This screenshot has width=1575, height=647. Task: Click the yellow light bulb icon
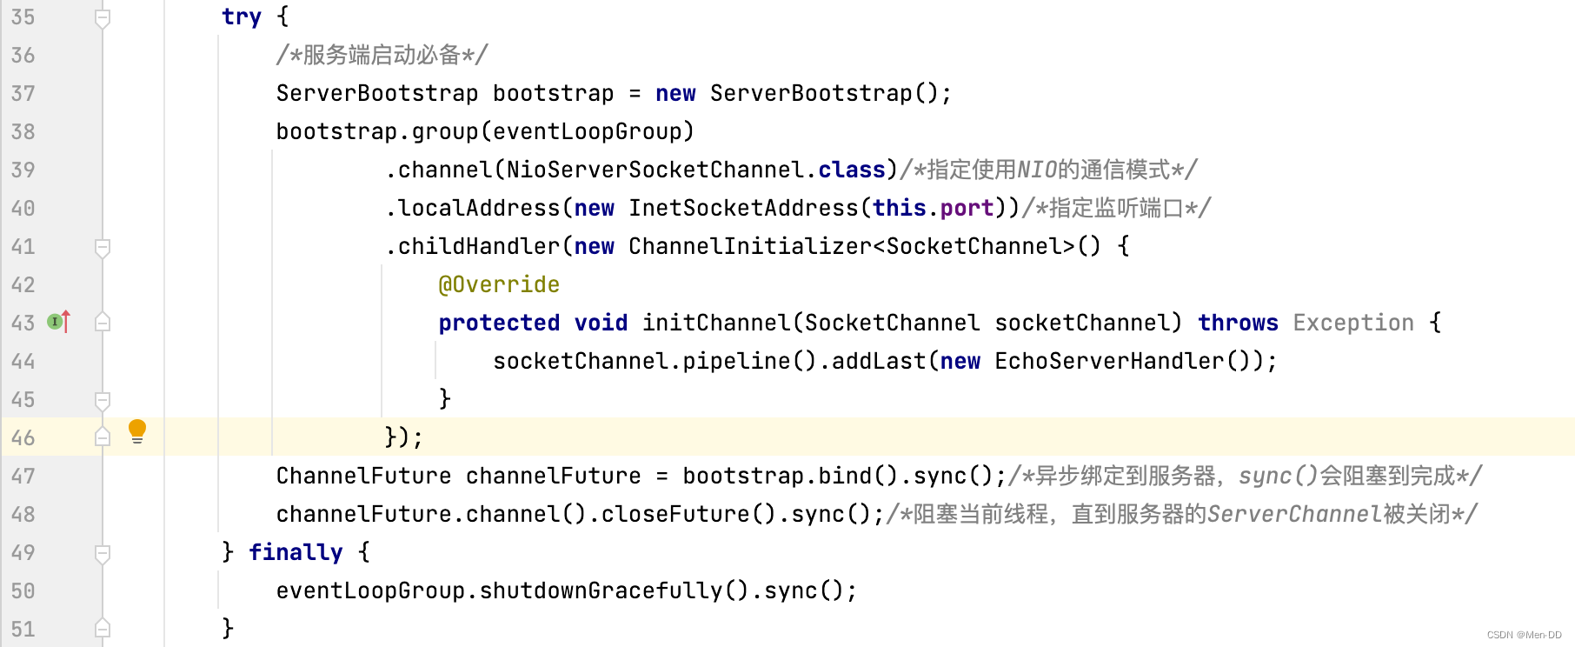point(137,430)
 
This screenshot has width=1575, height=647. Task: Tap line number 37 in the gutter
point(23,93)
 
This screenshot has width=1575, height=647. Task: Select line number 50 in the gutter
point(23,590)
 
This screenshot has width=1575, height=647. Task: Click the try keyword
point(241,17)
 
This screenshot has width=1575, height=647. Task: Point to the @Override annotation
point(499,284)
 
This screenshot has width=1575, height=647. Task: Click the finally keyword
point(296,552)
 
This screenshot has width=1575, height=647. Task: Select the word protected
point(499,323)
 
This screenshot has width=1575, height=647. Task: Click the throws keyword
point(1238,323)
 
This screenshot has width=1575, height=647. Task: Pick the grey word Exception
point(1353,323)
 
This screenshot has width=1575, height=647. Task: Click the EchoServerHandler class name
point(1109,361)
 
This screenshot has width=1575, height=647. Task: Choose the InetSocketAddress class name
point(743,208)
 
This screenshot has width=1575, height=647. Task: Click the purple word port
point(967,208)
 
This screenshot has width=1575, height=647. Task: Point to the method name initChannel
point(716,323)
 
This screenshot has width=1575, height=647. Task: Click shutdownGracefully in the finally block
point(601,590)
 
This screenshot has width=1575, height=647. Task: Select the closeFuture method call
point(675,514)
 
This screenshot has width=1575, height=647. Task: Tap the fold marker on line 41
point(103,248)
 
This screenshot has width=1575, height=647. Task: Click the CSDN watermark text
point(1524,635)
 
